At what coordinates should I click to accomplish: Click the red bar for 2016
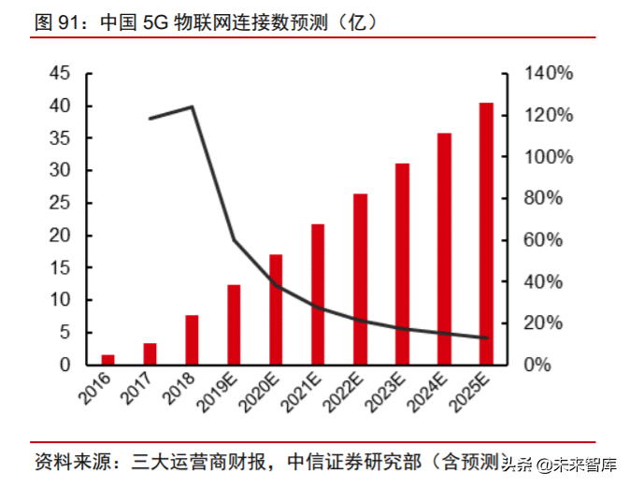coord(108,359)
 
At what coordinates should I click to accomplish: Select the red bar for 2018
coord(192,339)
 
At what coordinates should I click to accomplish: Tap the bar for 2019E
coord(234,324)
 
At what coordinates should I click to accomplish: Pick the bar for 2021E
coord(318,293)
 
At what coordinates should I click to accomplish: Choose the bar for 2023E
coord(402,264)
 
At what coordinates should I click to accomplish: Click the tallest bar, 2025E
coord(486,234)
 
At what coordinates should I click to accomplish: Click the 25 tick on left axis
coord(59,203)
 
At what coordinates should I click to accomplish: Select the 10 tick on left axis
coord(59,300)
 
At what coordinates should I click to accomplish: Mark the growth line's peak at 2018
coord(192,107)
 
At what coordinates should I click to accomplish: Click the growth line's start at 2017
coord(150,119)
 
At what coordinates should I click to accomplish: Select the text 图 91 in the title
coord(53,22)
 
